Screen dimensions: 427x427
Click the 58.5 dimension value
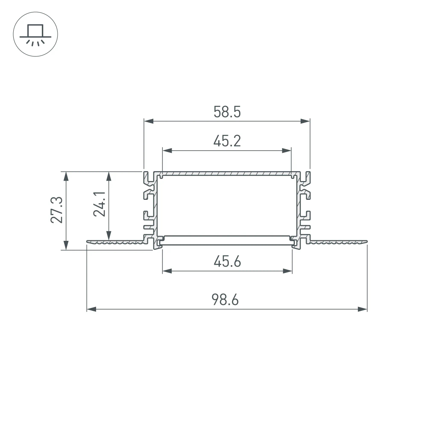[227, 112]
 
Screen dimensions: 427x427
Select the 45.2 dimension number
[227, 140]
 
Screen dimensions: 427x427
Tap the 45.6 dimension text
[227, 261]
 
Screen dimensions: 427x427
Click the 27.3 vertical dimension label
[57, 210]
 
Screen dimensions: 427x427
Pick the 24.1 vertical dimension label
[100, 204]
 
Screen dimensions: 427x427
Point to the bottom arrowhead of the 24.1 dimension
[109, 236]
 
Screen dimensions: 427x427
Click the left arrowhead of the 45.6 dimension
[167, 271]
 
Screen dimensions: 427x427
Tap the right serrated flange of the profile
[337, 242]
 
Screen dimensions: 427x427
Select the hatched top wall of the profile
[227, 174]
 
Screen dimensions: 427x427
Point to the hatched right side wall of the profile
[297, 205]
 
